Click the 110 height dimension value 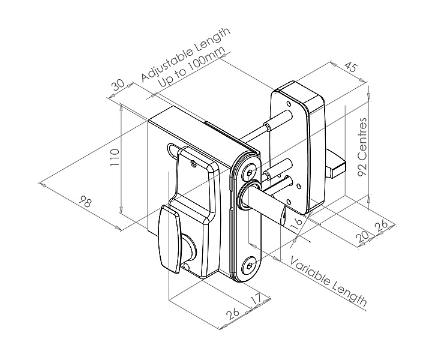click(x=115, y=157)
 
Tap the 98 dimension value click(x=85, y=202)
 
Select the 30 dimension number click(x=118, y=85)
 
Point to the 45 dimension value click(x=350, y=67)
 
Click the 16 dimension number click(x=296, y=224)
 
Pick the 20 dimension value click(x=362, y=237)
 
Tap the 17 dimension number click(x=256, y=299)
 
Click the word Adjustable click(x=167, y=65)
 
